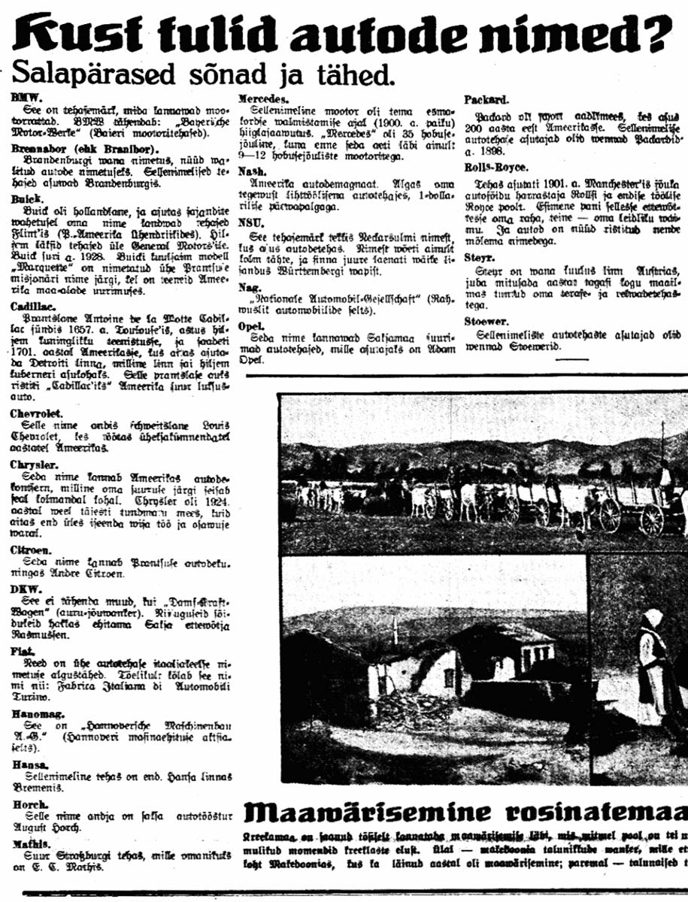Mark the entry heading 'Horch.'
pos(29,804)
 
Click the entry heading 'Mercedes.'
pos(263,98)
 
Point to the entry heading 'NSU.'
pos(250,223)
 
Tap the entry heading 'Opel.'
pos(252,326)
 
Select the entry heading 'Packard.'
pos(487,99)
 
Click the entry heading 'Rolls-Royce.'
pos(496,168)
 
